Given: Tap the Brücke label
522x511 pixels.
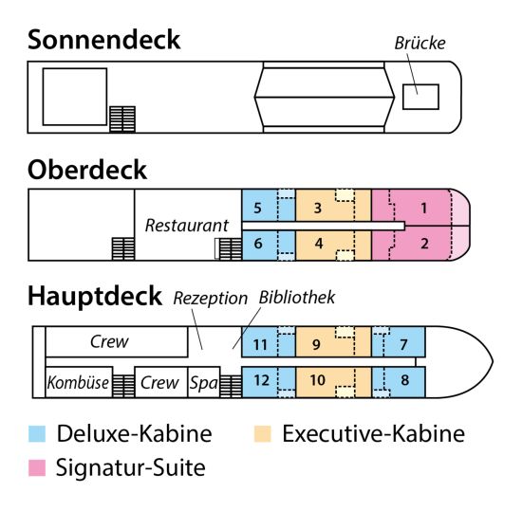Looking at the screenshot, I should [x=419, y=43].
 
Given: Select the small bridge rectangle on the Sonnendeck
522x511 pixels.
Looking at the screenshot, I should [x=419, y=96].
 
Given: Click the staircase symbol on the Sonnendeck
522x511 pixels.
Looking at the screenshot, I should [x=122, y=119].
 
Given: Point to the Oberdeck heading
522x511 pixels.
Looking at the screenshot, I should [x=87, y=170].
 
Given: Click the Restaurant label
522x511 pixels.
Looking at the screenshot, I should [x=187, y=226].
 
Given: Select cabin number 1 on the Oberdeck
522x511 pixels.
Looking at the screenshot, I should [x=423, y=207].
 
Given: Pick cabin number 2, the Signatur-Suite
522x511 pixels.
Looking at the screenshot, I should [x=423, y=244].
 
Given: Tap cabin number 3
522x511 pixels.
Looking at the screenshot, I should [x=319, y=207].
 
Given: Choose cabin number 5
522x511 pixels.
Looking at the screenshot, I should [x=257, y=207].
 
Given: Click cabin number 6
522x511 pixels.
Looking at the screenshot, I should [x=257, y=244].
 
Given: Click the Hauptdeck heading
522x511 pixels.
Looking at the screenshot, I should [x=95, y=297].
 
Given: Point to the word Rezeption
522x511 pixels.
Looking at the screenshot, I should [x=210, y=298].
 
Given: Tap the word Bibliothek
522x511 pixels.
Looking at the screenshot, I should [x=297, y=298].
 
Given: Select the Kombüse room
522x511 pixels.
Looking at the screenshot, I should [x=78, y=383].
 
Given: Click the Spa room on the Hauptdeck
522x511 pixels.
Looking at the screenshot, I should [x=203, y=383].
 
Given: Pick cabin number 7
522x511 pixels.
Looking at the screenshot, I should [x=403, y=343].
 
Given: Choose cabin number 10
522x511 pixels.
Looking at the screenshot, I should [x=319, y=381].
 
